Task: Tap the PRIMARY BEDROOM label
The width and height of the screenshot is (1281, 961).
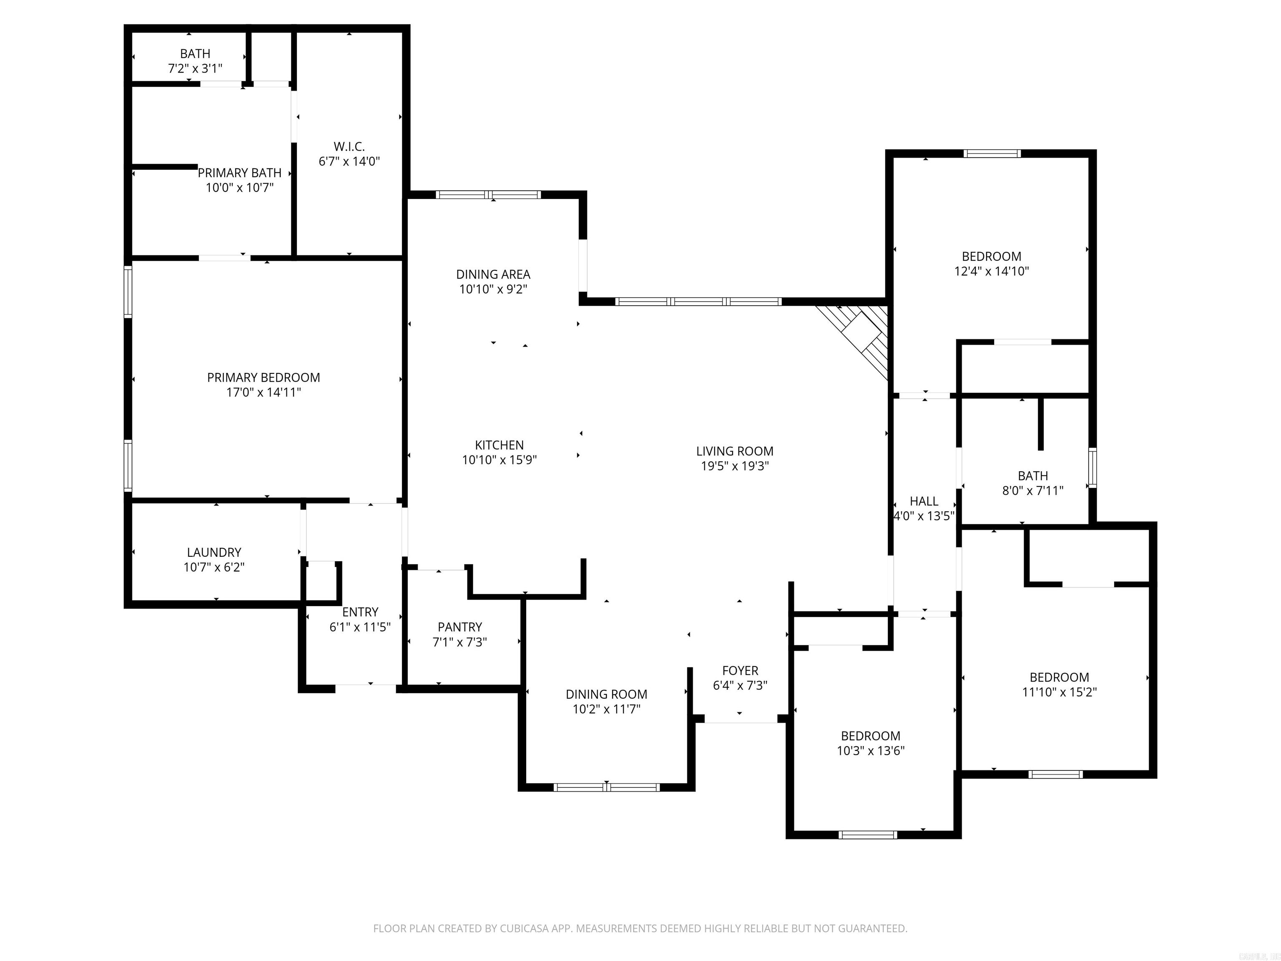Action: coord(264,377)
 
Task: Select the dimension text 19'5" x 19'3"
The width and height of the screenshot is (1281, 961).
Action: coord(734,466)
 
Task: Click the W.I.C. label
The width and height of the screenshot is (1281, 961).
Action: coord(349,146)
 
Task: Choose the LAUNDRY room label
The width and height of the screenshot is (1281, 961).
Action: coord(213,553)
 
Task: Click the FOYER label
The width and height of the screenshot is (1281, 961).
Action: coord(740,671)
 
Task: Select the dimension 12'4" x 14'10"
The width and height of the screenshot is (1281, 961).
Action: coord(992,271)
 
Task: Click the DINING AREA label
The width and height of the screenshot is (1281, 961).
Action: coord(493,274)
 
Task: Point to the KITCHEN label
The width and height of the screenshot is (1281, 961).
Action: coord(499,445)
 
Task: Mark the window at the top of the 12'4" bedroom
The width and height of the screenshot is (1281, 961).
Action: coord(992,153)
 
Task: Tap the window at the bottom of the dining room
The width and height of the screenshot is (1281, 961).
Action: coord(606,787)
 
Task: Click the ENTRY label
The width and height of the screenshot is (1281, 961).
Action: coord(360,612)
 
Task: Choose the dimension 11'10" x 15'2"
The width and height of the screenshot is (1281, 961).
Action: coord(1059,692)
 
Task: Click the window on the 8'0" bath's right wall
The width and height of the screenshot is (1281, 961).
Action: coord(1092,468)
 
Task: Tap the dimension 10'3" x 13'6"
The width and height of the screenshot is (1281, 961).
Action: coord(870,751)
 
